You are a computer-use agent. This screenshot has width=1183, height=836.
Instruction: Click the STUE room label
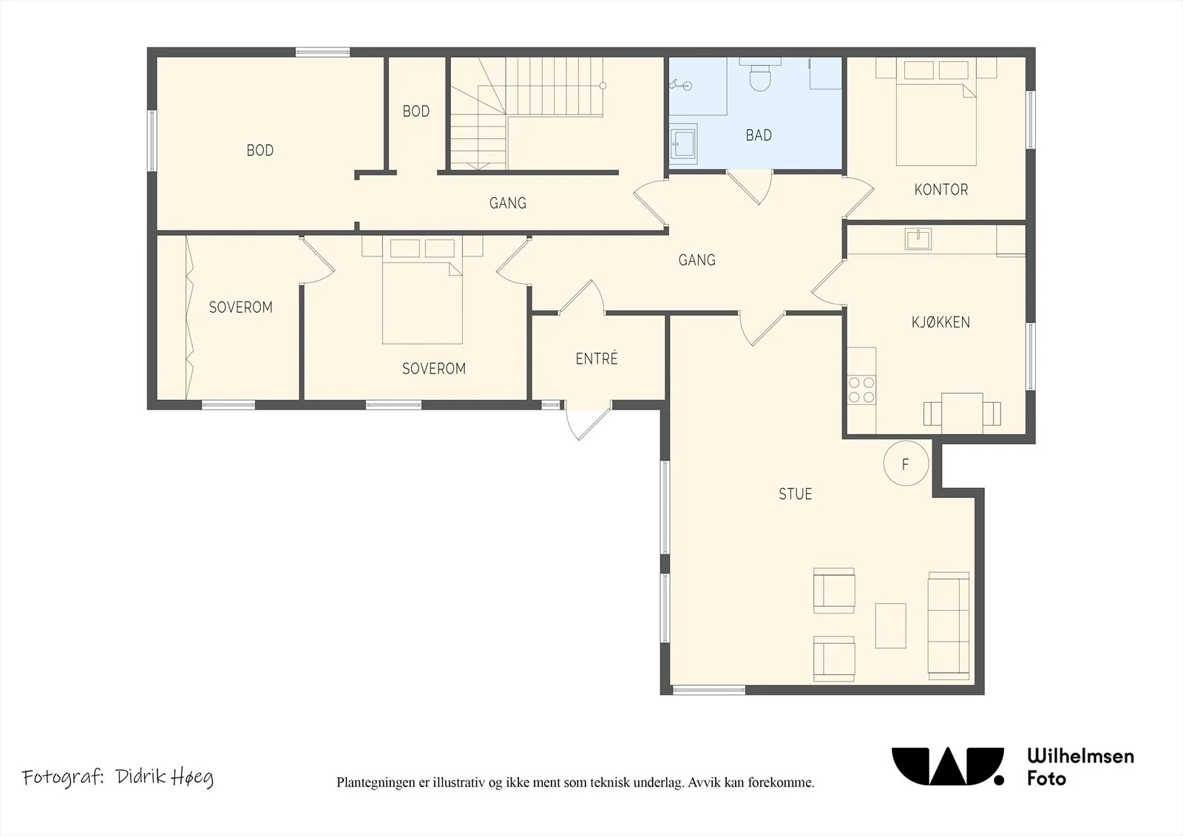795,494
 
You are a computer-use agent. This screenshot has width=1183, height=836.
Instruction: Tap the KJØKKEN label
940,322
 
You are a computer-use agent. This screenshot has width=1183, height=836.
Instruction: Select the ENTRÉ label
596,358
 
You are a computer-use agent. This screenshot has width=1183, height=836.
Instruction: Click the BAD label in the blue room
759,135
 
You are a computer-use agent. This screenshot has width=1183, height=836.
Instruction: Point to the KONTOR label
941,189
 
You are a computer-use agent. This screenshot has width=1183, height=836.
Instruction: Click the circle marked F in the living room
906,463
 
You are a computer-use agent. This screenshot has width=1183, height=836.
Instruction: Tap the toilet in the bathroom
759,74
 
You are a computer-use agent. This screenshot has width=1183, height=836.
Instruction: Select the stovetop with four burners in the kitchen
861,390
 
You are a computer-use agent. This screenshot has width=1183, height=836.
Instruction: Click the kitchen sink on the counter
918,239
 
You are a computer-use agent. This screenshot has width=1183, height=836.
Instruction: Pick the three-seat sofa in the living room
949,626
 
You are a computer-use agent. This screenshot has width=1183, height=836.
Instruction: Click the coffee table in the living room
890,626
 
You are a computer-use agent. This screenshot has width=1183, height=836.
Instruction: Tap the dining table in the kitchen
962,413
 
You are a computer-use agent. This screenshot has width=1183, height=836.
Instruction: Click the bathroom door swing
750,186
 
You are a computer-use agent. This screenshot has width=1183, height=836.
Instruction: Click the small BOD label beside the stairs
416,112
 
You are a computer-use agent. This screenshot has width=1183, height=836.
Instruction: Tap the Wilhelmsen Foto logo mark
947,767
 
